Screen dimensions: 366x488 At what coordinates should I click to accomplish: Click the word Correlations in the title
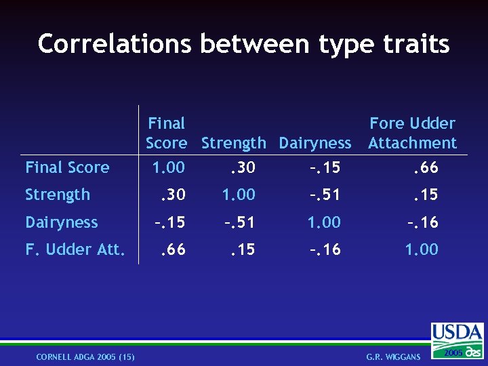[115, 44]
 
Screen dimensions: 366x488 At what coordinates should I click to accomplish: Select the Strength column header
[234, 143]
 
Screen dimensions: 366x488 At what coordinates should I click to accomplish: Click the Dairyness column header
[315, 143]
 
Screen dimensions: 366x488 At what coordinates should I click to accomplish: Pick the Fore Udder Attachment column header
[412, 133]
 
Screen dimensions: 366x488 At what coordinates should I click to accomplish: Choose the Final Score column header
[166, 133]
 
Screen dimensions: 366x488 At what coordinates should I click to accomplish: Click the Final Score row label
[67, 167]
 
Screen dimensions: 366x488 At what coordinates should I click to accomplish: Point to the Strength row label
[58, 195]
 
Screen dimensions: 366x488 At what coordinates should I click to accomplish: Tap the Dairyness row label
[62, 222]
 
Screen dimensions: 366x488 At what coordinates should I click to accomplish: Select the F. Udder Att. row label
[75, 249]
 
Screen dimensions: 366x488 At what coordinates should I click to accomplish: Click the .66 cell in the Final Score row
[426, 167]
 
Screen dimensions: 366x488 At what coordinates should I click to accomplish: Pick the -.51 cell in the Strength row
[325, 195]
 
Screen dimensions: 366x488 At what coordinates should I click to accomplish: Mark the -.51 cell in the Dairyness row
[240, 222]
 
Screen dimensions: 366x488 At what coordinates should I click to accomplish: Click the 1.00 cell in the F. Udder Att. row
[422, 249]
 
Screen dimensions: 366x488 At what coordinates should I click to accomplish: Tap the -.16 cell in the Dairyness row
[422, 222]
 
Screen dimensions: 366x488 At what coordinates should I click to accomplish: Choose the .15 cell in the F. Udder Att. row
[242, 249]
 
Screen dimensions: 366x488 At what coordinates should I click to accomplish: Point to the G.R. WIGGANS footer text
[393, 357]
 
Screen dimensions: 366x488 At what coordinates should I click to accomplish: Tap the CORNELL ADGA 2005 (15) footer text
[85, 357]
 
